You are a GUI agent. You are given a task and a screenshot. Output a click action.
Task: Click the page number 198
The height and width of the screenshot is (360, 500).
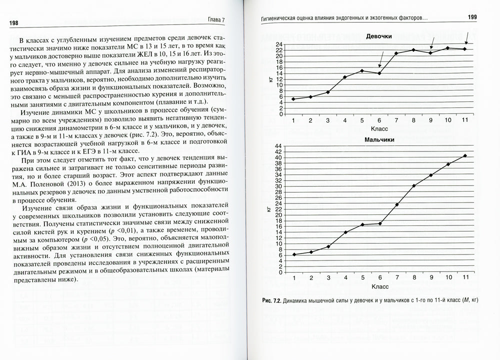(x=14, y=23)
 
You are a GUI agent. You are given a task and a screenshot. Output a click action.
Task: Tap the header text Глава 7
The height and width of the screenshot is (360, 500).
(x=217, y=20)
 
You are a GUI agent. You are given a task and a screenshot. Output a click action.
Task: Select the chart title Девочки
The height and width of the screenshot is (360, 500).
(x=378, y=36)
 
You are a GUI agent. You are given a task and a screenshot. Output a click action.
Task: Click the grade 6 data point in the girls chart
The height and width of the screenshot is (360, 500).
(x=379, y=73)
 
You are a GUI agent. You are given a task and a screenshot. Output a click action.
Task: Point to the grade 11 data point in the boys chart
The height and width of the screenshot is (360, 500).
(x=465, y=155)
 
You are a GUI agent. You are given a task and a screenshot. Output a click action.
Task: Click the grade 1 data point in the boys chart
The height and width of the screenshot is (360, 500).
(x=294, y=254)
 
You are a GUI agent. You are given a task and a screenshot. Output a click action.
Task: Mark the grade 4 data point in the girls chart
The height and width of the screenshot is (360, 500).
(x=345, y=77)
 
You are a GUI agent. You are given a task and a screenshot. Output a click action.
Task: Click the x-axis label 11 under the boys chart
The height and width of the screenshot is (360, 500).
(x=465, y=277)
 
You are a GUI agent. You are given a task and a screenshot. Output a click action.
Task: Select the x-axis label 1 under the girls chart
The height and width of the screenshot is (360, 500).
(x=293, y=120)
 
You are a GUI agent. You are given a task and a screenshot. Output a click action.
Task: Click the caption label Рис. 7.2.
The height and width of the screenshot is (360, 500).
(x=273, y=301)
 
